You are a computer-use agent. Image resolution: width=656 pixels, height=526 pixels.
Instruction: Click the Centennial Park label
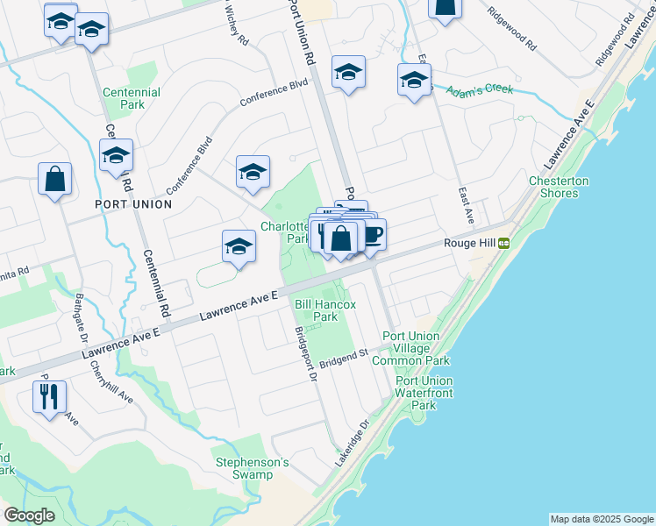(132, 97)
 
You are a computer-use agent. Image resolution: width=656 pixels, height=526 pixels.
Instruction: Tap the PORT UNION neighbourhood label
(133, 203)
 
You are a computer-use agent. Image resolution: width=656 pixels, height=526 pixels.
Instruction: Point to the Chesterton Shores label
(558, 187)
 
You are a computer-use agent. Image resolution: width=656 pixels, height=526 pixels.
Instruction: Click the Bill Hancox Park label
(325, 310)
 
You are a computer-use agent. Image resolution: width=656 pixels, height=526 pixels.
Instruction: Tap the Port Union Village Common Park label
(411, 348)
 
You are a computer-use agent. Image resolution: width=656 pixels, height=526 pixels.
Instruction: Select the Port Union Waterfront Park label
(424, 393)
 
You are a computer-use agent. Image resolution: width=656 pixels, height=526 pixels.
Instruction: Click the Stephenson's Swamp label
(253, 468)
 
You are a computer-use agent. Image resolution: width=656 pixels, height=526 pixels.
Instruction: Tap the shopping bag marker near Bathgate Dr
(54, 180)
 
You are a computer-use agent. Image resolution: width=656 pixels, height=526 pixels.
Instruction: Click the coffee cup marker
(371, 235)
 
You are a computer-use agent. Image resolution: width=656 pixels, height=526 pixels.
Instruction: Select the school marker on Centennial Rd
(116, 157)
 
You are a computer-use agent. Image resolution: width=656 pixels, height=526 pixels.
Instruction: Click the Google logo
(29, 515)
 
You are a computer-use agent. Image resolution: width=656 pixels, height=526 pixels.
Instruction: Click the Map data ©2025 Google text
(602, 519)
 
